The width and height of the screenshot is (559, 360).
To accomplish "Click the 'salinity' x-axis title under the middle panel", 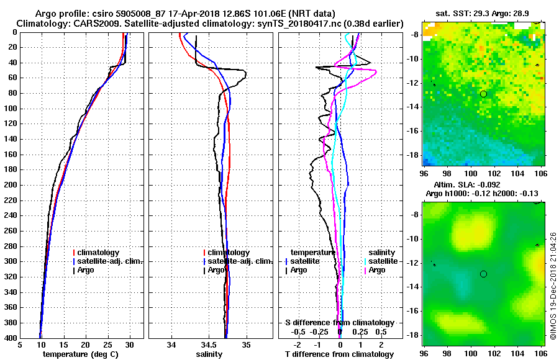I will click(210, 354).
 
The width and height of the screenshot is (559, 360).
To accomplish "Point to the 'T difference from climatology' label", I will click(339, 354).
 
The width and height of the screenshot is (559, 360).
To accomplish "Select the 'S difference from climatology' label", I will click(339, 323).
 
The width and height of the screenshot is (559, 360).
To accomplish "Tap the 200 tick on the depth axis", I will click(11, 185).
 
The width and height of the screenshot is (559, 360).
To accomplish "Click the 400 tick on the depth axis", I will click(11, 338).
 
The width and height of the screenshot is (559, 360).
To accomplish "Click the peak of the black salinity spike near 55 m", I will click(246, 75).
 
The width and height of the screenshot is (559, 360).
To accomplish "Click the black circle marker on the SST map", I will click(483, 94).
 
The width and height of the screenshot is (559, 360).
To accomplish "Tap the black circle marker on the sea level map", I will click(483, 274).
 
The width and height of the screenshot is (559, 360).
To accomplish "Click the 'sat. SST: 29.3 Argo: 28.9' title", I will click(484, 12).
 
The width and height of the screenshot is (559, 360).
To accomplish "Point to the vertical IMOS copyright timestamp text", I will click(553, 286).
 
